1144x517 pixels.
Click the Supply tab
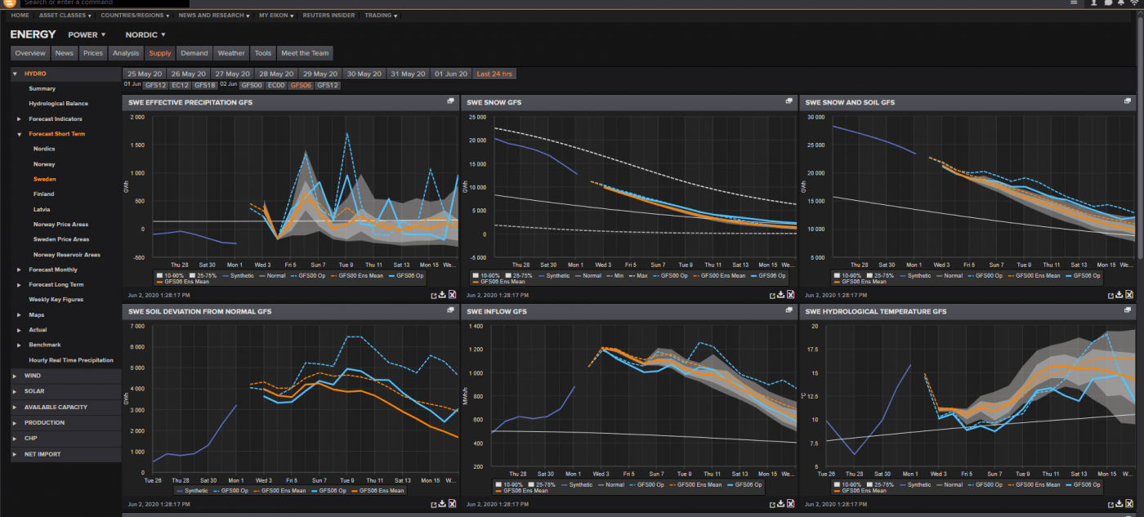tap(160, 53)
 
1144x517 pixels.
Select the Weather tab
tap(231, 53)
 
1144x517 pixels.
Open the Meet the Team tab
tap(305, 53)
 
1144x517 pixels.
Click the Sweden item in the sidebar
tap(44, 179)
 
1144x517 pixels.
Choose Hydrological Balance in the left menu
tap(58, 104)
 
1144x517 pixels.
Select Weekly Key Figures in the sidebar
tap(56, 300)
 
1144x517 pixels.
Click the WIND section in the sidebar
tap(33, 376)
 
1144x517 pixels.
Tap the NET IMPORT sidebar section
tap(42, 454)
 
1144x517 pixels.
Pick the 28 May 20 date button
tap(275, 74)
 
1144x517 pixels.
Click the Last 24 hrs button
tap(494, 74)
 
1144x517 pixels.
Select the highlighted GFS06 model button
tap(301, 85)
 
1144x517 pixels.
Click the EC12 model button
tap(181, 85)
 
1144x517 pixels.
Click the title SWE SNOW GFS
tap(494, 103)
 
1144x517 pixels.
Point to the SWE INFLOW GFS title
tap(497, 311)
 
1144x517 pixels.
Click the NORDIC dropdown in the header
tap(145, 35)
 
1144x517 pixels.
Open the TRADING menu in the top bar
tap(381, 16)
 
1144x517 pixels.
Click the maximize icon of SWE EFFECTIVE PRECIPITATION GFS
tap(450, 101)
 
